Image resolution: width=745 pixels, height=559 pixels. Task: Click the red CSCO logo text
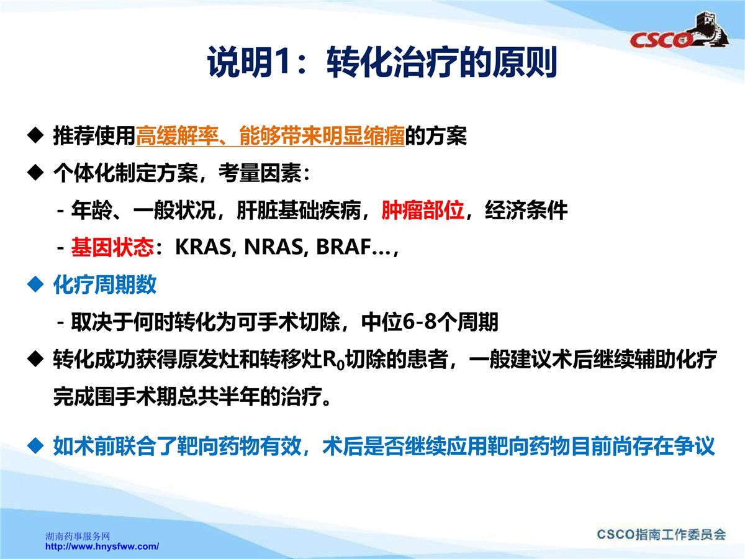(661, 40)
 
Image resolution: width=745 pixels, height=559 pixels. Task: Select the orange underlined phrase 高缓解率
(177, 136)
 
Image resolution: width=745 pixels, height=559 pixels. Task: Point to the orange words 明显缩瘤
(363, 136)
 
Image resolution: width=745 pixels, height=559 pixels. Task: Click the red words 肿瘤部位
(423, 211)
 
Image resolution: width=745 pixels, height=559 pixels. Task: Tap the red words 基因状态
(112, 247)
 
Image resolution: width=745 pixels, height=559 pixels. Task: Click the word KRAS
(203, 247)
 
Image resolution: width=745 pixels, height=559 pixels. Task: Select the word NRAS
(274, 247)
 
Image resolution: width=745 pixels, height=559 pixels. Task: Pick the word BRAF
(343, 247)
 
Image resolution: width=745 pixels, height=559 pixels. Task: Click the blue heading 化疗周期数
(104, 284)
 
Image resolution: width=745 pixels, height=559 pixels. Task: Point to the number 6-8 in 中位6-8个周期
(420, 322)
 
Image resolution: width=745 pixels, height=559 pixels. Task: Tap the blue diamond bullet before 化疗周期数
(35, 284)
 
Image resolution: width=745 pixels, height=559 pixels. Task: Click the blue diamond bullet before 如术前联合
(35, 447)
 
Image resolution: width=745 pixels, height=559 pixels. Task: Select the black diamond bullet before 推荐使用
(35, 136)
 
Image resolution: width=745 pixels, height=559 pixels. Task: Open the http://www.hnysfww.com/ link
(102, 547)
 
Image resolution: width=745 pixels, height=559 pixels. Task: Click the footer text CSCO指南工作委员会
(661, 535)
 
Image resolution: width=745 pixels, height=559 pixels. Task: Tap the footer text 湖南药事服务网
(78, 536)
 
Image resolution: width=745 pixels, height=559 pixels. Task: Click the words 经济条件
(526, 211)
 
